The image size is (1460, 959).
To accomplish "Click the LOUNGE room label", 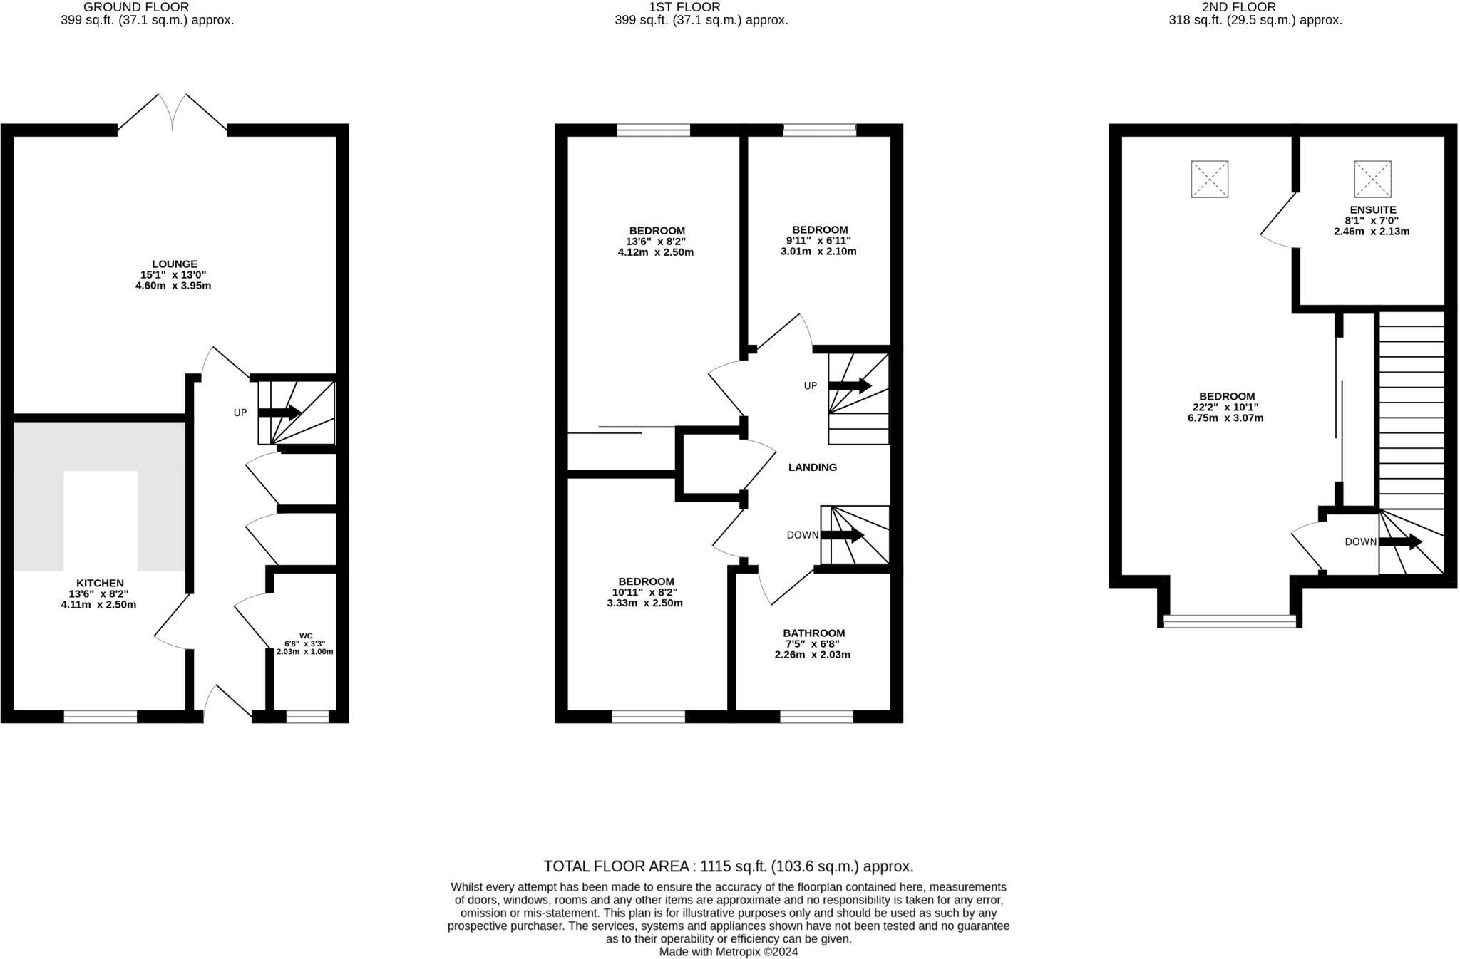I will point(174,264).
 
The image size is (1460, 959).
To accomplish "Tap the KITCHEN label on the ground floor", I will point(100,584).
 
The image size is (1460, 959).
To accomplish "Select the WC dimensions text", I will point(304,647).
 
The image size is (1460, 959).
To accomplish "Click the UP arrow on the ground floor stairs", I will point(279,413).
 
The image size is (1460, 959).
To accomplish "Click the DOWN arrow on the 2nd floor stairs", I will point(1400,542).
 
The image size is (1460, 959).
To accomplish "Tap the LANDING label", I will point(812,467).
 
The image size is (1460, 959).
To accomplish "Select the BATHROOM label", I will point(813,633).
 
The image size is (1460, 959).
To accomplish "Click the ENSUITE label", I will point(1372,210).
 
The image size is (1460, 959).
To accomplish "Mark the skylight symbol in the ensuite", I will point(1372,179).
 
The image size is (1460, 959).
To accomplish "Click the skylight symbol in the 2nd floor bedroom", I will point(1209,179).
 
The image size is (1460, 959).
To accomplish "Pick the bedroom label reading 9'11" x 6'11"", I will point(819,240).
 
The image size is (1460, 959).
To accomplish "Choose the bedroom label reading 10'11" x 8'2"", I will point(645,592).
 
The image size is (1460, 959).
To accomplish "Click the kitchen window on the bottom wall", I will point(101,717).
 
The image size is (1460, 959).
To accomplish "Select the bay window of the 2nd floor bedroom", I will point(1229,621).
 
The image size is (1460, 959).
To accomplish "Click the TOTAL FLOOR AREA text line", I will point(728,866).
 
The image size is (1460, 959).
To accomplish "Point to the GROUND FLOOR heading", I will point(136,7).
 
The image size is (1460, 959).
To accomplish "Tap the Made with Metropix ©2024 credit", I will point(728,952).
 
